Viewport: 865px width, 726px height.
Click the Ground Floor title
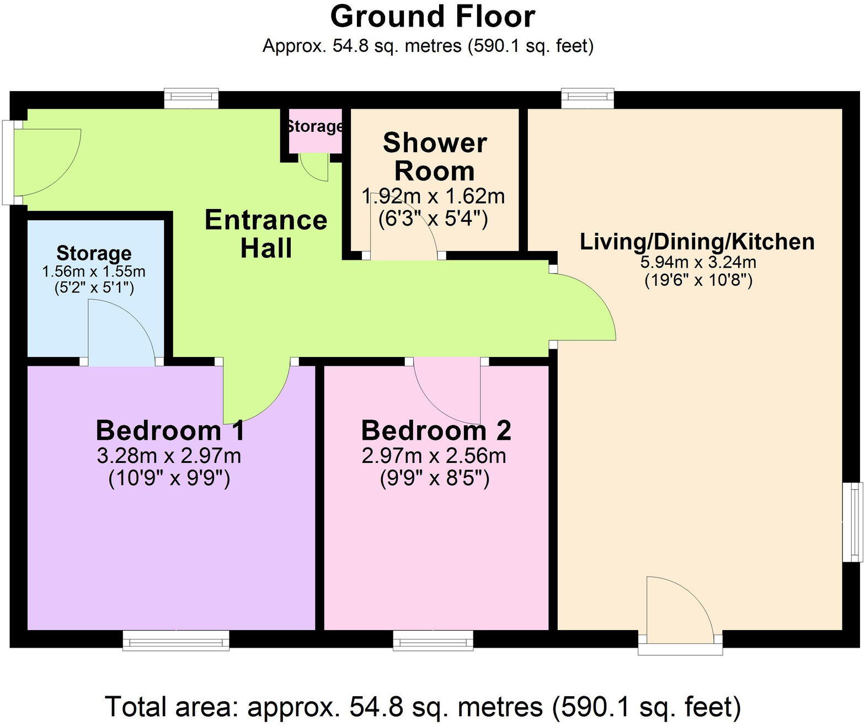pos(432,17)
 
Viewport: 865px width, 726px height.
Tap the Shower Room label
pos(434,157)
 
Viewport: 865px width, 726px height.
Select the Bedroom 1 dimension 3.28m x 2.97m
pos(169,456)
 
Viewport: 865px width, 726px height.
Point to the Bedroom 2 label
pos(436,430)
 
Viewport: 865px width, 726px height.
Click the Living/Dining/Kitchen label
pos(697,242)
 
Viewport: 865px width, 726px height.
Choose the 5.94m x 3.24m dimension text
pos(698,262)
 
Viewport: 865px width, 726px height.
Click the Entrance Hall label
pos(266,234)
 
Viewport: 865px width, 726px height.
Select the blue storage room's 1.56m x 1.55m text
pos(94,271)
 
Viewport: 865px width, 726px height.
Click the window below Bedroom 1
pos(175,640)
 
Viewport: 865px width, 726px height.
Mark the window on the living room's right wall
pos(854,522)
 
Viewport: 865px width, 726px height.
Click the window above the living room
pos(588,99)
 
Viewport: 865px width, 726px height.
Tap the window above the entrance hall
pos(191,99)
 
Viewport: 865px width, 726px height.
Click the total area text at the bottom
pos(423,707)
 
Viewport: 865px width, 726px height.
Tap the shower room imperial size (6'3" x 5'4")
pos(433,220)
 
